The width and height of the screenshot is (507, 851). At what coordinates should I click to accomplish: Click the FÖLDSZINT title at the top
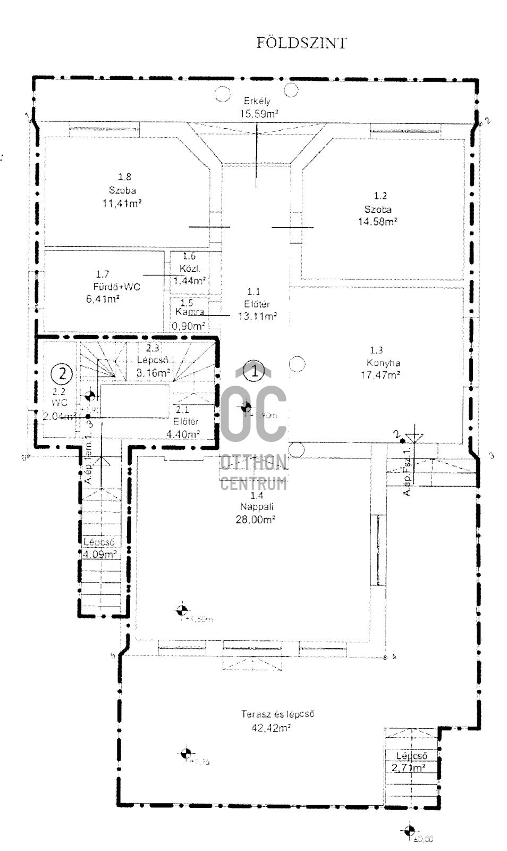click(x=301, y=43)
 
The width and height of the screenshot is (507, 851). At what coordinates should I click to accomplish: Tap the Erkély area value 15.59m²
click(x=259, y=113)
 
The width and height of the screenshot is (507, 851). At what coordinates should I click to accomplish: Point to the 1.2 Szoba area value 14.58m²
click(x=378, y=221)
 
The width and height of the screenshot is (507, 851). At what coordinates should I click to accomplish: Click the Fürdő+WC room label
click(x=116, y=287)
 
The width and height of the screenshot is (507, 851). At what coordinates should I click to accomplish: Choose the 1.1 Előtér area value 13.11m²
click(x=258, y=316)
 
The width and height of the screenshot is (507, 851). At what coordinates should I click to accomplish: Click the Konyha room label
click(x=383, y=363)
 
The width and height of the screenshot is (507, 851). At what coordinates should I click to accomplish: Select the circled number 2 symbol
click(x=63, y=373)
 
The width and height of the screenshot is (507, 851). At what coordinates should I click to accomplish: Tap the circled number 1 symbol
click(x=255, y=371)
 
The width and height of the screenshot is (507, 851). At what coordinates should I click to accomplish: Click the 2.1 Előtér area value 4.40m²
click(x=183, y=434)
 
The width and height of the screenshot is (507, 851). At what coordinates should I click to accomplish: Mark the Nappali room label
click(x=257, y=506)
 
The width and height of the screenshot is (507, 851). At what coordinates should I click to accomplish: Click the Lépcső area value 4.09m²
click(x=100, y=554)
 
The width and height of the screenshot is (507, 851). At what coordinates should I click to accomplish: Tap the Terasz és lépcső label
click(x=278, y=714)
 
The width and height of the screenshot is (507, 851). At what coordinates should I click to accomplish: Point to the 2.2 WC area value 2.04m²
click(x=58, y=416)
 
